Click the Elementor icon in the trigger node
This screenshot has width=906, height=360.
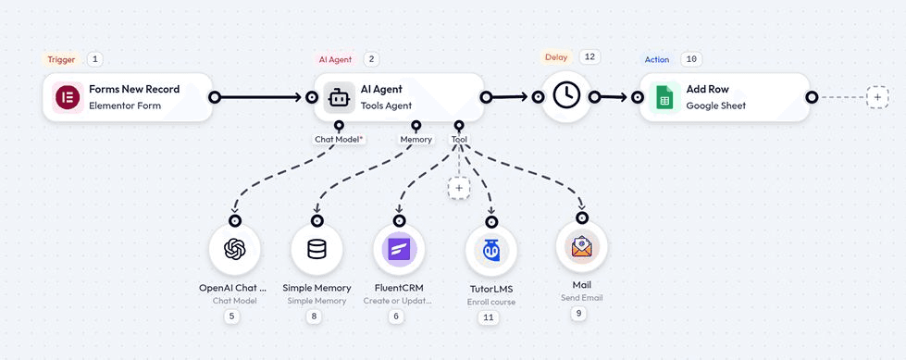tap(67, 97)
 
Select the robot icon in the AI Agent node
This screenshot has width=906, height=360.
tap(339, 97)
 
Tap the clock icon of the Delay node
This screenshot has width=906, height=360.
tap(565, 96)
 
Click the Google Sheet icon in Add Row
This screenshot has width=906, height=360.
tap(663, 97)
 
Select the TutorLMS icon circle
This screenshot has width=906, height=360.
tap(490, 251)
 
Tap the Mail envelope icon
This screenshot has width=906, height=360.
tap(581, 247)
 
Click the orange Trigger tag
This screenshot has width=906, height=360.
tap(62, 59)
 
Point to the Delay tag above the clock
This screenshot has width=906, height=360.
tap(556, 57)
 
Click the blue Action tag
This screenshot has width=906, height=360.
tap(657, 59)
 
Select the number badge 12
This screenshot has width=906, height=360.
tap(590, 57)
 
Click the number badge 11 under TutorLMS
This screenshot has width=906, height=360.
tap(489, 317)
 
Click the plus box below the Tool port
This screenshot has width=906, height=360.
tap(458, 187)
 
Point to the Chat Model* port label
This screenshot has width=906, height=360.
tap(339, 140)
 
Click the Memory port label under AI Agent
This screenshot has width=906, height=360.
tap(416, 140)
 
